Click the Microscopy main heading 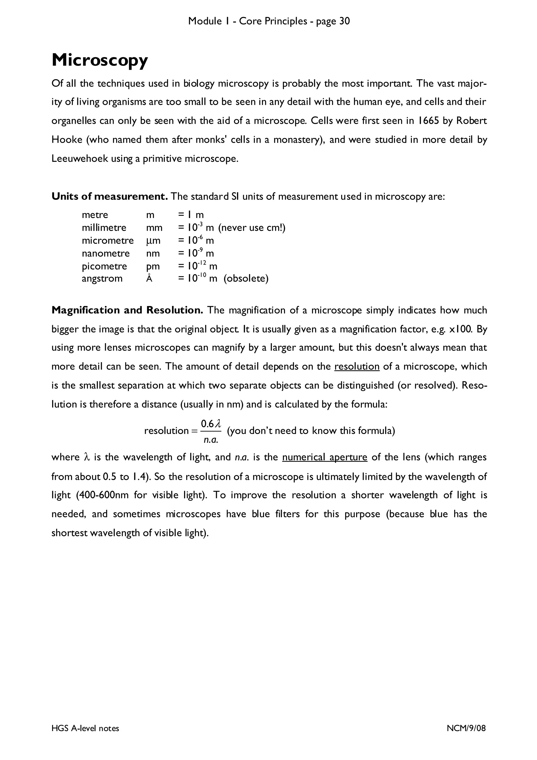pyautogui.click(x=100, y=61)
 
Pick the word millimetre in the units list pyautogui.click(x=104, y=228)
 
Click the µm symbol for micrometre pyautogui.click(x=153, y=241)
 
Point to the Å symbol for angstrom pyautogui.click(x=149, y=279)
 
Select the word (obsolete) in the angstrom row pyautogui.click(x=246, y=279)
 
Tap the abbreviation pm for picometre pyautogui.click(x=153, y=266)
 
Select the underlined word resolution pyautogui.click(x=357, y=366)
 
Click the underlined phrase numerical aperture pyautogui.click(x=325, y=457)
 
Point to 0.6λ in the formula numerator pyautogui.click(x=211, y=424)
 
